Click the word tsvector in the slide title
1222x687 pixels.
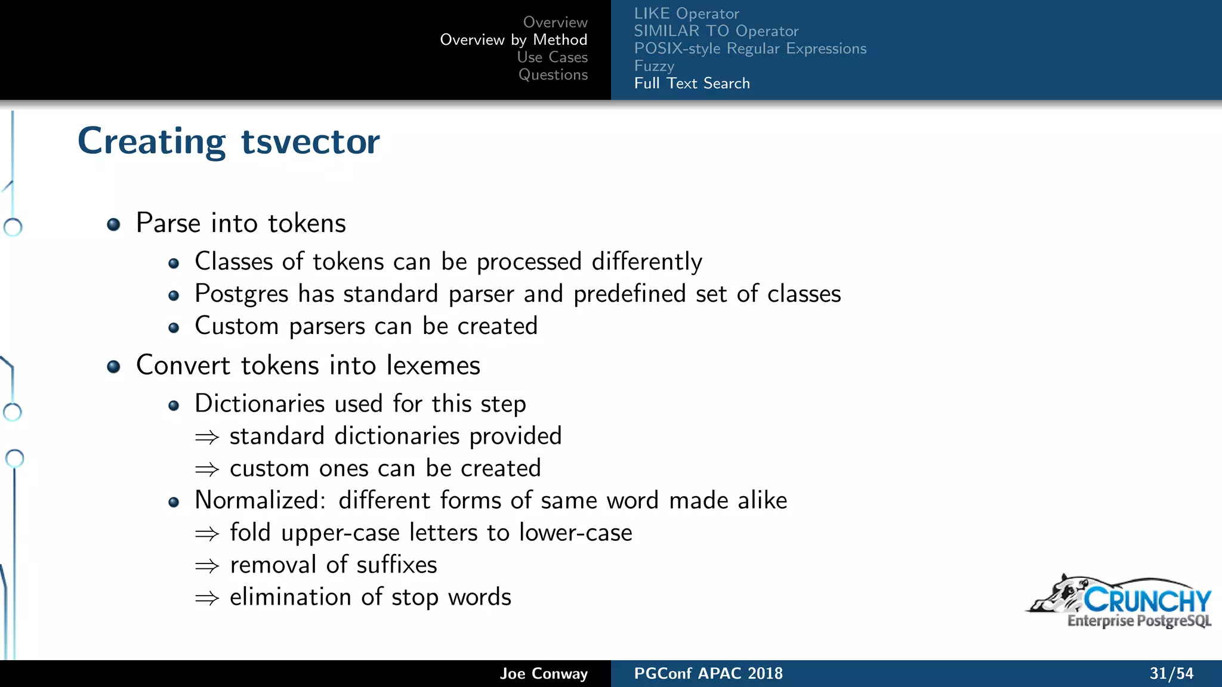310,142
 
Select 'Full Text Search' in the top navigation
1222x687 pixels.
692,83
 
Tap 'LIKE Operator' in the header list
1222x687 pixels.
686,14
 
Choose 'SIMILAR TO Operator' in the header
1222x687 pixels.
716,31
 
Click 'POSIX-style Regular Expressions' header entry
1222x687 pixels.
750,48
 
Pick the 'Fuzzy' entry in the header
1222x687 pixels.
654,66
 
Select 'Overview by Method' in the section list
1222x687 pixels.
514,40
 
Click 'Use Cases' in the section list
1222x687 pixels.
552,57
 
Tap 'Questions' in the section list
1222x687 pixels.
553,75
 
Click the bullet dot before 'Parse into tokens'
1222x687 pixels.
113,224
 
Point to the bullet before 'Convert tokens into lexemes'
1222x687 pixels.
113,366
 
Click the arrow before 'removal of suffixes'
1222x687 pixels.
207,566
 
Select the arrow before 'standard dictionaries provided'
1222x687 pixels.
207,438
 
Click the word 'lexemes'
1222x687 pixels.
433,365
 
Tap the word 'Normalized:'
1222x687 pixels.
260,500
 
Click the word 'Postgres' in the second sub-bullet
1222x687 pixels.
242,294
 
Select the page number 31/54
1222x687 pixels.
1171,673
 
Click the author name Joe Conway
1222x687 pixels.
544,673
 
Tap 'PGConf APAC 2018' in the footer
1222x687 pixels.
708,673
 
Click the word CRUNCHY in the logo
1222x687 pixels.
1147,600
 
